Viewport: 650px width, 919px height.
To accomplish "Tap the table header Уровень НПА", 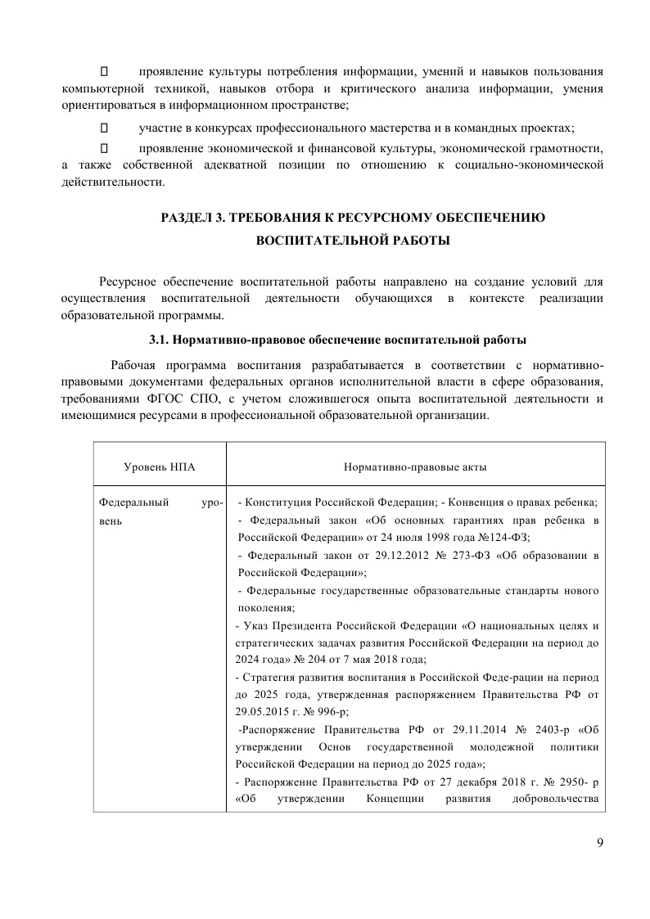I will coord(160,466).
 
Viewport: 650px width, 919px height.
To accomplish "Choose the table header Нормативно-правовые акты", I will coord(415,466).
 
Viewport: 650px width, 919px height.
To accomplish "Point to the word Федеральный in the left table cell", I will coord(128,502).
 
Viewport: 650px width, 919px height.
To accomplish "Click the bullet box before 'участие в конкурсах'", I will coord(104,128).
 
